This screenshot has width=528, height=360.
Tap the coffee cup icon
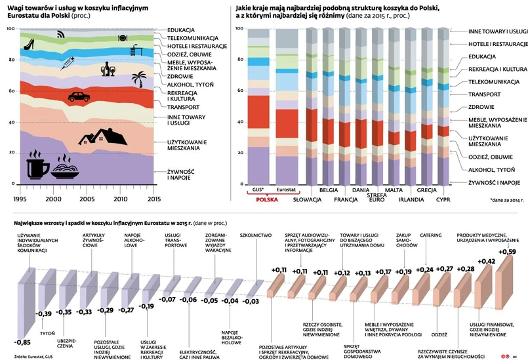37,168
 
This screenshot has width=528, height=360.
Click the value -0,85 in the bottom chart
22,342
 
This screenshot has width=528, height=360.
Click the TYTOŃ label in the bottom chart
47,333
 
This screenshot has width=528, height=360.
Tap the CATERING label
430,234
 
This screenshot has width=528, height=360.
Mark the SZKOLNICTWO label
256,234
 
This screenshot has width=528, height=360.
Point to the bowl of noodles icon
66,168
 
